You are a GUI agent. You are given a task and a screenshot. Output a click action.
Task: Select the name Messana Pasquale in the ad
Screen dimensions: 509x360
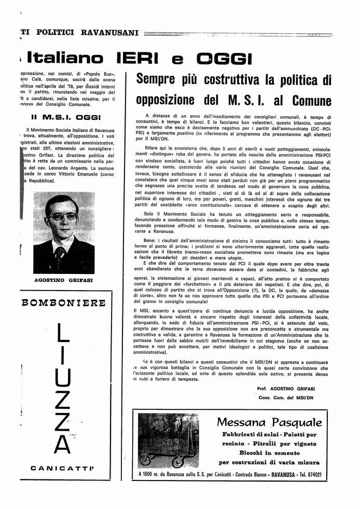tap(269, 422)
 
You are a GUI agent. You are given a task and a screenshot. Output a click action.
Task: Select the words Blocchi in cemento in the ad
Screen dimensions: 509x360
tap(269, 453)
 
